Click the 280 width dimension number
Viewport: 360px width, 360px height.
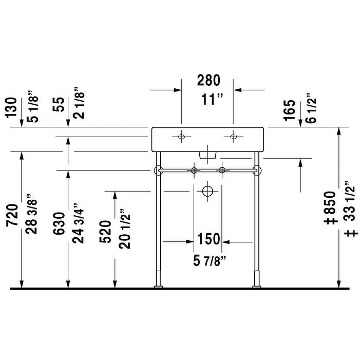pyautogui.click(x=209, y=80)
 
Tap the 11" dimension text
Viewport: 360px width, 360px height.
pyautogui.click(x=209, y=99)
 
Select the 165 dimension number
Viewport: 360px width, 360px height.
pyautogui.click(x=290, y=110)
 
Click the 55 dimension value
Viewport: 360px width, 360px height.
pyautogui.click(x=60, y=105)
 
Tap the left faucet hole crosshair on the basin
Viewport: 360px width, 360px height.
pyautogui.click(x=181, y=137)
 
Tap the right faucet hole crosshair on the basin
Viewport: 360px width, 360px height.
pyautogui.click(x=234, y=137)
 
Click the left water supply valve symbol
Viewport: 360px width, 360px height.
pyautogui.click(x=194, y=169)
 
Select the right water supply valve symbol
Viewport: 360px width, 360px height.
pyautogui.click(x=222, y=169)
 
